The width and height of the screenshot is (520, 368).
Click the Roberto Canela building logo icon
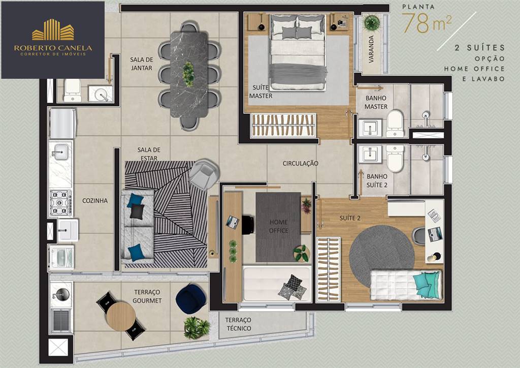53,30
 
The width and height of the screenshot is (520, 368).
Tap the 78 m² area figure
427,23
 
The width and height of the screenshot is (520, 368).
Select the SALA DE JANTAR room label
141,64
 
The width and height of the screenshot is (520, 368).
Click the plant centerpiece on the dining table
188,74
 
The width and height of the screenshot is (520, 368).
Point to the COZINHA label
95,200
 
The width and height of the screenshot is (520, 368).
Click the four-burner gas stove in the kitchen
60,202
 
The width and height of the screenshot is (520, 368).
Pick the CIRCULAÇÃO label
301,163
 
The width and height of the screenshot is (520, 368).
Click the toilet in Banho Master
395,124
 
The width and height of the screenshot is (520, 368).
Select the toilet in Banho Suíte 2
395,158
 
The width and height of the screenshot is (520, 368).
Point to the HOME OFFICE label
279,226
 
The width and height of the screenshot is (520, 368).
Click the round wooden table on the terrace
121,317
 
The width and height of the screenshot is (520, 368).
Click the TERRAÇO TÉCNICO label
238,324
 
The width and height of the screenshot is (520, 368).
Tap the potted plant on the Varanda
371,23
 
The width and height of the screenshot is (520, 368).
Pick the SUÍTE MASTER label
261,92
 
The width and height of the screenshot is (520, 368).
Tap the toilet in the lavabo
72,90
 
